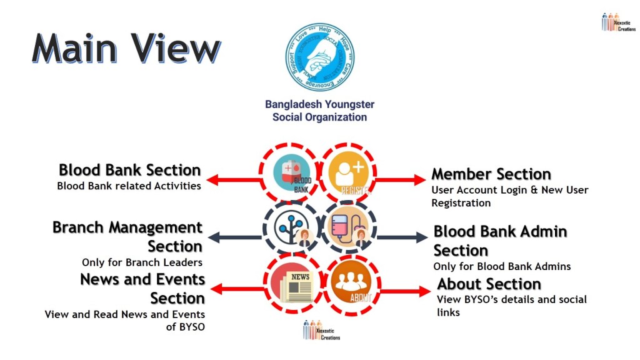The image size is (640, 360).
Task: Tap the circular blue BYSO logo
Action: (320, 58)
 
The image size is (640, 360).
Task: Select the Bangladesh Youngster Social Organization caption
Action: (319, 111)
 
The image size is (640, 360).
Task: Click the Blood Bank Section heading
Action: (129, 170)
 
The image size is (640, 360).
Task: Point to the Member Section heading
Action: (491, 174)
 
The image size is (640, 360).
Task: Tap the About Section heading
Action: (489, 284)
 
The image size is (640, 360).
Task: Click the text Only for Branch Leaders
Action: (142, 262)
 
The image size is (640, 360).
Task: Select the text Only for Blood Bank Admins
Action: (502, 266)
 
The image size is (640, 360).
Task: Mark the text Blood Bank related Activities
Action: (129, 186)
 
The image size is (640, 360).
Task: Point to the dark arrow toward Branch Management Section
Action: (235, 237)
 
